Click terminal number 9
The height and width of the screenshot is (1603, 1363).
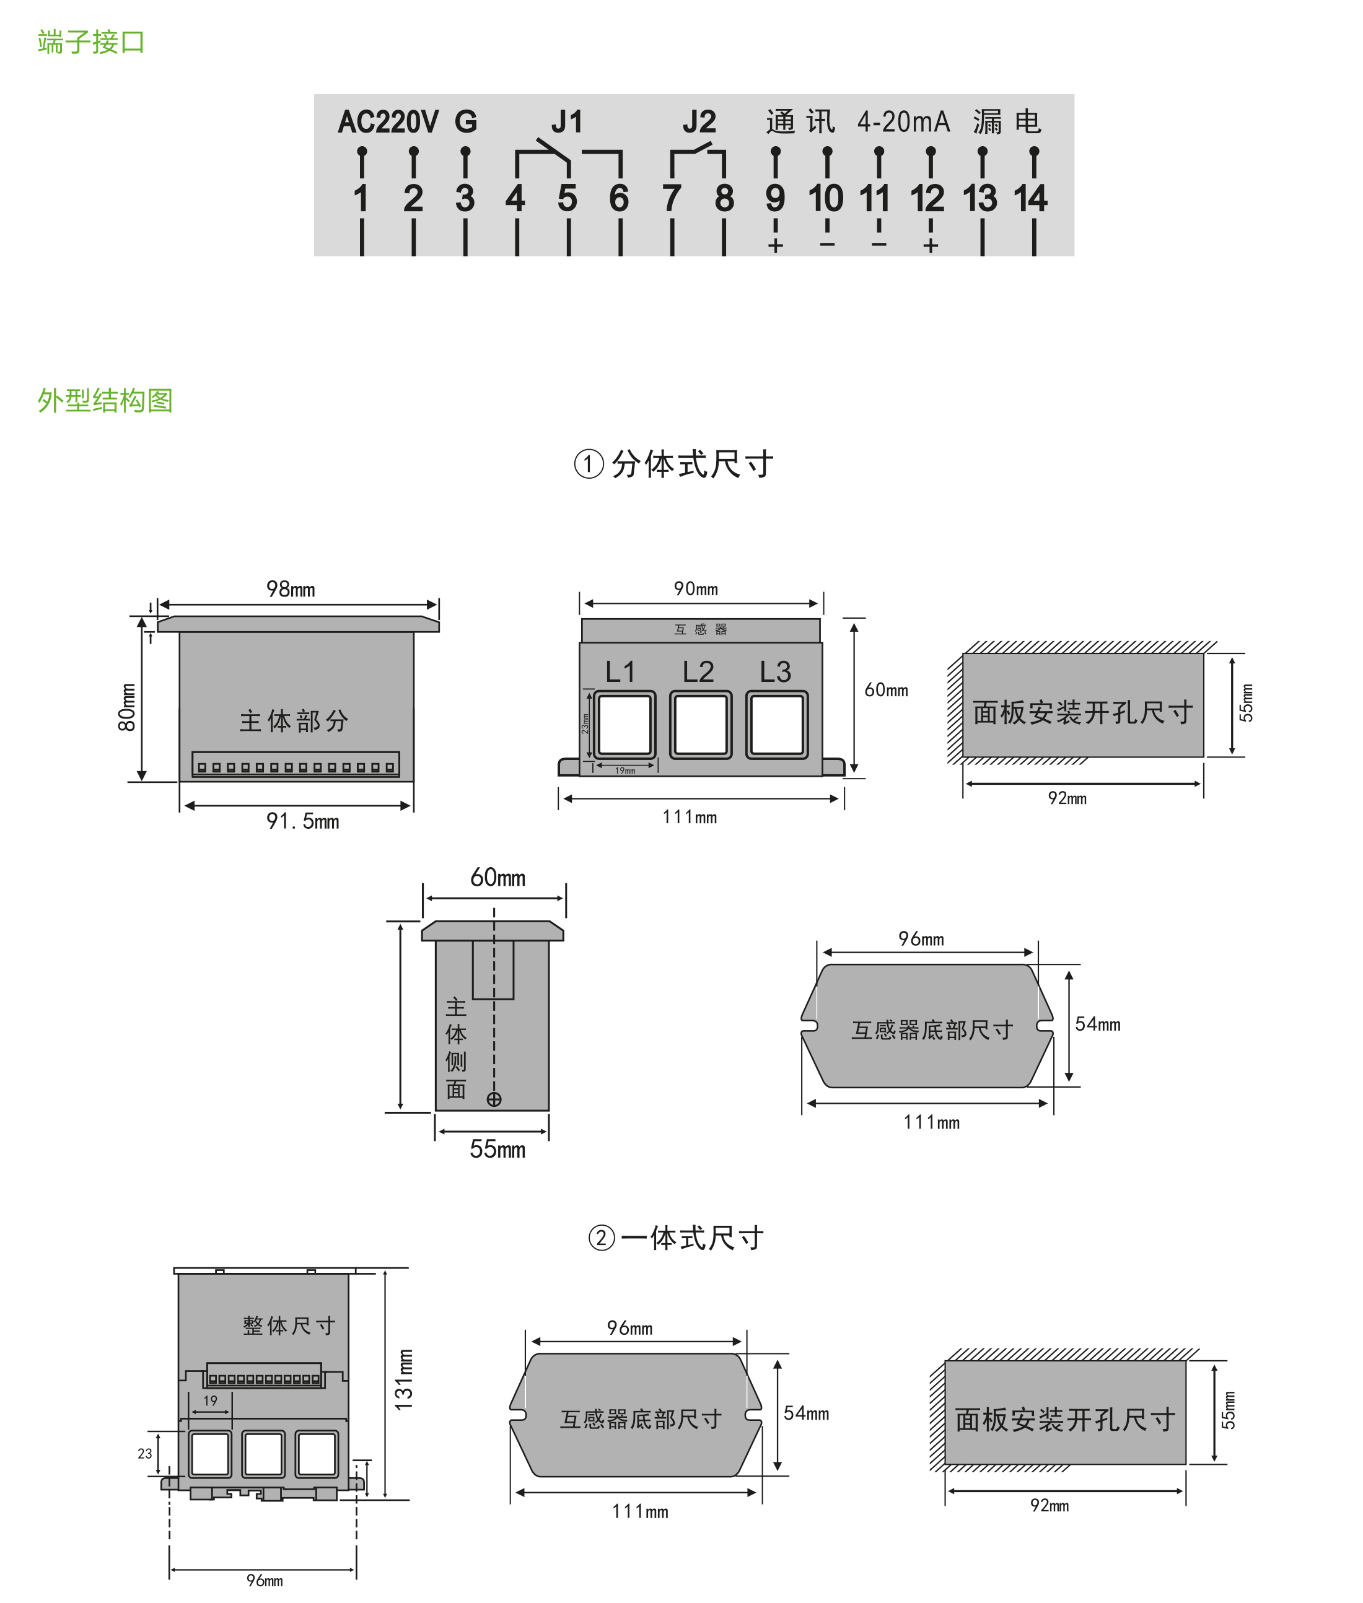coord(775,199)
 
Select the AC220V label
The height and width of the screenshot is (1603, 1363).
coord(388,122)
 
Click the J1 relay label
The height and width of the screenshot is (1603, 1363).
coord(566,122)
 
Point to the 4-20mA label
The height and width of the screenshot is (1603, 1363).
coord(903,122)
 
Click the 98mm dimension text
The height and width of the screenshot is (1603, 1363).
coord(291,590)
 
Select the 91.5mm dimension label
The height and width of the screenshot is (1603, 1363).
coord(302,821)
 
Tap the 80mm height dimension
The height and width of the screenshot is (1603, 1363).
coord(127,707)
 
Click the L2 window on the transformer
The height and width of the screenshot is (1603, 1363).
coord(700,725)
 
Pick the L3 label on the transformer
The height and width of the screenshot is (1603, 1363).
coord(775,672)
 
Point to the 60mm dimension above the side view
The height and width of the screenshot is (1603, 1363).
coord(497,878)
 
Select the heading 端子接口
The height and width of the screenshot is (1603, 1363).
coord(91,41)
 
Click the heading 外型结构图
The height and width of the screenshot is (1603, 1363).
coord(105,400)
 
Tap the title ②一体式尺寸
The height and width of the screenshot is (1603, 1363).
coord(675,1238)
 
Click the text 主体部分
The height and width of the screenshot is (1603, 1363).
coord(294,721)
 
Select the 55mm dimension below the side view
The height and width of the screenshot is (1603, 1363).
coord(497,1150)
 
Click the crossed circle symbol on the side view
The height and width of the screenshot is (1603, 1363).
coord(494,1099)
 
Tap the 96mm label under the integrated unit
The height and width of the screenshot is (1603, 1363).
coord(265,1581)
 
